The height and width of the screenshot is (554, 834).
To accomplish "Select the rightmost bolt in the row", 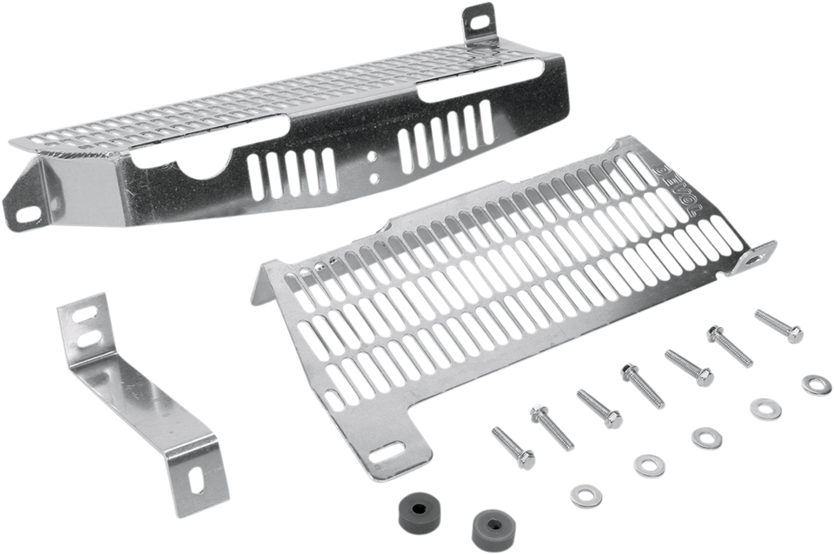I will coord(778,325).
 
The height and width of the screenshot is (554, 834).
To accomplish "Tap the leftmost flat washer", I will coord(580,493).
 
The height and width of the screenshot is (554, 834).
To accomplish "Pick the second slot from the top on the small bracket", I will coord(90,338).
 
